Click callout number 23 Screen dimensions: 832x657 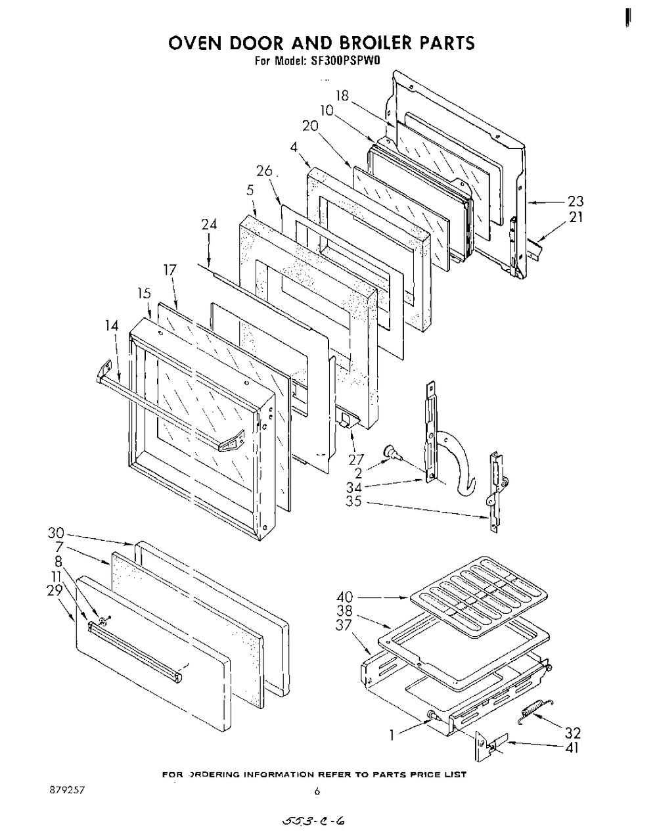pos(576,202)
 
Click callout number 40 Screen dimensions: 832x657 pos(344,597)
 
